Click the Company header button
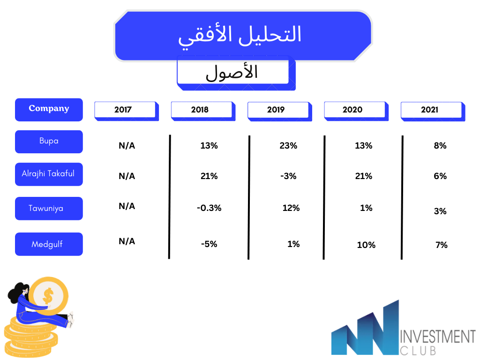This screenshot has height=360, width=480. (x=49, y=110)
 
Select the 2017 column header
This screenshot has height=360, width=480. (x=127, y=111)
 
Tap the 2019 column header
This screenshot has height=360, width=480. (x=279, y=111)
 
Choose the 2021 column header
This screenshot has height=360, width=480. (x=433, y=111)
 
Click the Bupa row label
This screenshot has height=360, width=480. (x=49, y=142)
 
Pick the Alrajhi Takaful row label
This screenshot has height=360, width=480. (x=49, y=174)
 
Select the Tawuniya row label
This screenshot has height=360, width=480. (x=49, y=209)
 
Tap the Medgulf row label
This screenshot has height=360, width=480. (x=49, y=244)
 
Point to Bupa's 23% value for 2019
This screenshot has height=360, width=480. (x=288, y=146)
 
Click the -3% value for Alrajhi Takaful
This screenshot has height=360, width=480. (x=288, y=176)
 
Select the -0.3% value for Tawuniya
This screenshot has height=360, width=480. (x=209, y=208)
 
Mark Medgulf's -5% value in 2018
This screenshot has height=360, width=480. (x=209, y=244)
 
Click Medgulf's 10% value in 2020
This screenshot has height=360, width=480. (x=366, y=245)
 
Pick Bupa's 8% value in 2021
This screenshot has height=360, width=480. (x=440, y=146)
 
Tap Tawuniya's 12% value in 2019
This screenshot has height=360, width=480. (x=291, y=208)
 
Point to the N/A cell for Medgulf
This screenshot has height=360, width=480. (x=127, y=241)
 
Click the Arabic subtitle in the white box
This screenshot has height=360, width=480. (x=232, y=73)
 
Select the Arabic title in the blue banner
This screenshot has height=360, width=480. (x=240, y=35)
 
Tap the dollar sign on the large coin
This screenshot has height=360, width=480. (x=48, y=296)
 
